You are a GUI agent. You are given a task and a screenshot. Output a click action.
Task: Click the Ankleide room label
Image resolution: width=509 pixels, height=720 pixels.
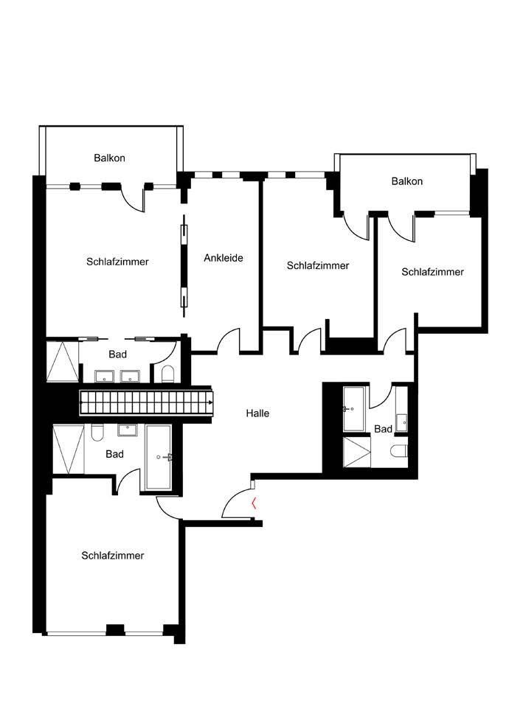(224, 258)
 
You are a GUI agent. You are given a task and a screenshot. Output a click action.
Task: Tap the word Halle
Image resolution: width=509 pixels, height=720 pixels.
(257, 413)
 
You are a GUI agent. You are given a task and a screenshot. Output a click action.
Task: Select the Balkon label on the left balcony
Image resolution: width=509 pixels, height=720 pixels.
(109, 158)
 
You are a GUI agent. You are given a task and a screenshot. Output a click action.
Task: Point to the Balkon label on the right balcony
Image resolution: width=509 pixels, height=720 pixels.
(407, 181)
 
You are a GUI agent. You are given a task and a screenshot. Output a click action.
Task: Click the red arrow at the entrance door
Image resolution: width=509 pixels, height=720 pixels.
(254, 504)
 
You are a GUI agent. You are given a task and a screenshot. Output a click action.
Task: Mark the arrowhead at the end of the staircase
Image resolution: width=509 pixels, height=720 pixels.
(211, 402)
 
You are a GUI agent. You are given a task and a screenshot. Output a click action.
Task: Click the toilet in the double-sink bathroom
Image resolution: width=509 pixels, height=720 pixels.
(167, 374)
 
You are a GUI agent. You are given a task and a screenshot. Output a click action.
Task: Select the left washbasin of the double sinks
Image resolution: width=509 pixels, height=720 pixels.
(105, 376)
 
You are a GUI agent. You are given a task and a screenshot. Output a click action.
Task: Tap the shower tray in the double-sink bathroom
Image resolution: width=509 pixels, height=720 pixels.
(63, 363)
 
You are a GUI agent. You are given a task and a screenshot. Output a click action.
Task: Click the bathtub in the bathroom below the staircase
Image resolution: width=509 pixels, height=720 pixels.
(159, 457)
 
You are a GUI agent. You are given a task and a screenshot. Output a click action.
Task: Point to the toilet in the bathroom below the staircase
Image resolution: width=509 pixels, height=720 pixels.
(97, 433)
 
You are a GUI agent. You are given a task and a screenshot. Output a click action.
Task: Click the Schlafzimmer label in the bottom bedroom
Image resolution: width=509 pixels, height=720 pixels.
(113, 556)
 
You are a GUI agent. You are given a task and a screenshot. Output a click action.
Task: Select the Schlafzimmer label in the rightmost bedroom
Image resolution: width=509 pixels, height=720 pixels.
(433, 272)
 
